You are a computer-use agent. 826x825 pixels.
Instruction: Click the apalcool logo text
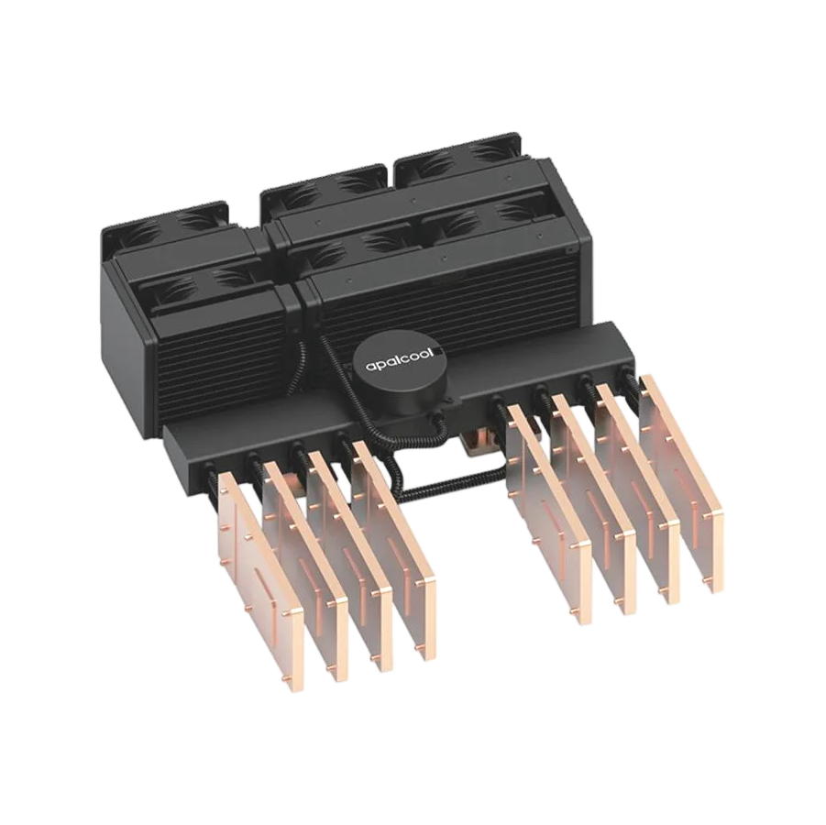tap(400, 361)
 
